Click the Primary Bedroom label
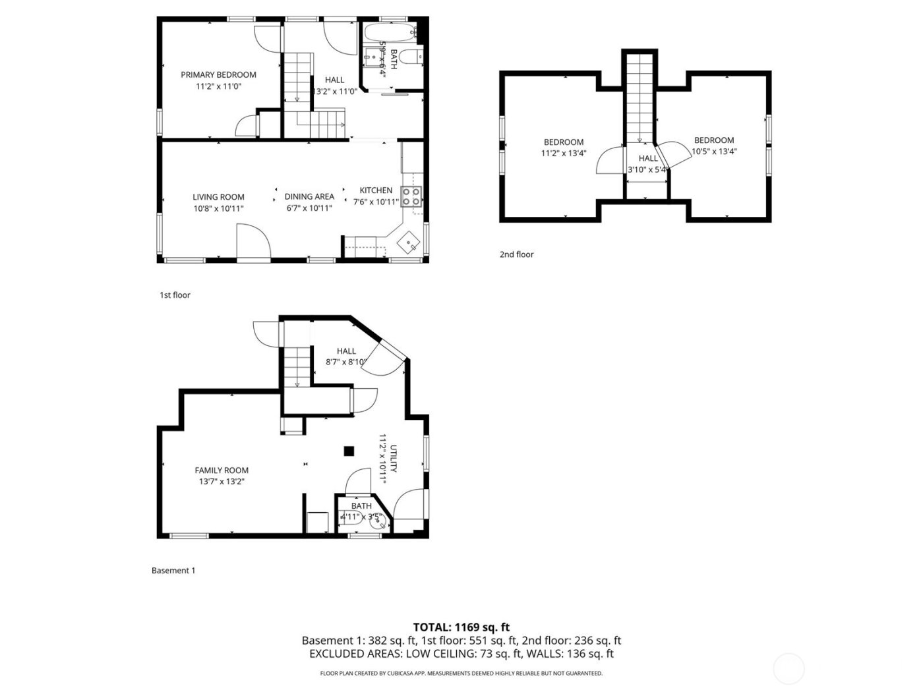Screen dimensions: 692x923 [x=218, y=74]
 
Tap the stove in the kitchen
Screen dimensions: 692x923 [x=411, y=196]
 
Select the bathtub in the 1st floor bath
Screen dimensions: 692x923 [x=390, y=31]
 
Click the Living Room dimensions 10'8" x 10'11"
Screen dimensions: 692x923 [x=218, y=208]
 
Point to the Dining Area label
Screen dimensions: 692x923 [x=309, y=196]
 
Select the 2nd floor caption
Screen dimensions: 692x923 [x=516, y=254]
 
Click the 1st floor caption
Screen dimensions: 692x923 [x=175, y=295]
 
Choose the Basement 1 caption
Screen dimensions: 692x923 [x=173, y=571]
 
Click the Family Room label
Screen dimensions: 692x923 [x=222, y=470]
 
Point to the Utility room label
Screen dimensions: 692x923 [x=394, y=459]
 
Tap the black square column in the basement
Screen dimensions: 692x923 [x=349, y=451]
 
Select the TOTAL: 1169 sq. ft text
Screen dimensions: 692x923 [x=461, y=627]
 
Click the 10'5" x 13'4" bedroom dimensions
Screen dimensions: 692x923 [x=714, y=152]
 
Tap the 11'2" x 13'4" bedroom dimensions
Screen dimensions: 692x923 [x=563, y=154]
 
